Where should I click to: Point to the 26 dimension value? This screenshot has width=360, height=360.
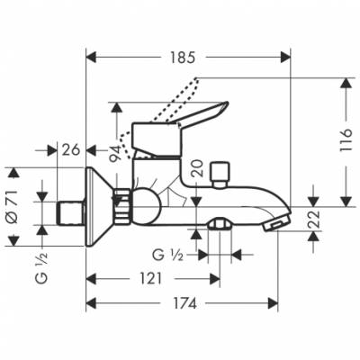[73, 149]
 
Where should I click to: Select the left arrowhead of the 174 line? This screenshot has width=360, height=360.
[90, 304]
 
